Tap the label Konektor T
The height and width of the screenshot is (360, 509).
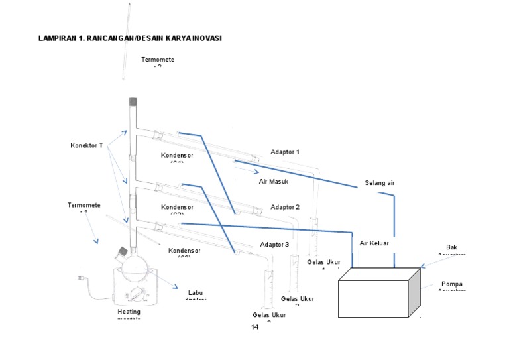click(87, 145)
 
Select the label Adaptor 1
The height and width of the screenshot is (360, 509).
click(285, 152)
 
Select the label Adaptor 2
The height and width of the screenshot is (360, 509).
click(285, 207)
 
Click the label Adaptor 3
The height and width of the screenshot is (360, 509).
click(274, 245)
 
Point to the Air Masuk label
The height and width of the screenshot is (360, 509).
click(273, 180)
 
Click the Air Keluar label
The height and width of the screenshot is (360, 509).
click(374, 243)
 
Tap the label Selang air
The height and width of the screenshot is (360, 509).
click(380, 183)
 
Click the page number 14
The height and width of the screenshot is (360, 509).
click(254, 328)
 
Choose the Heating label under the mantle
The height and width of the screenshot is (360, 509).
click(129, 311)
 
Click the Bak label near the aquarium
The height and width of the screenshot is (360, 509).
click(451, 247)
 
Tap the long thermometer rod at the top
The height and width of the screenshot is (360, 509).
click(125, 40)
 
